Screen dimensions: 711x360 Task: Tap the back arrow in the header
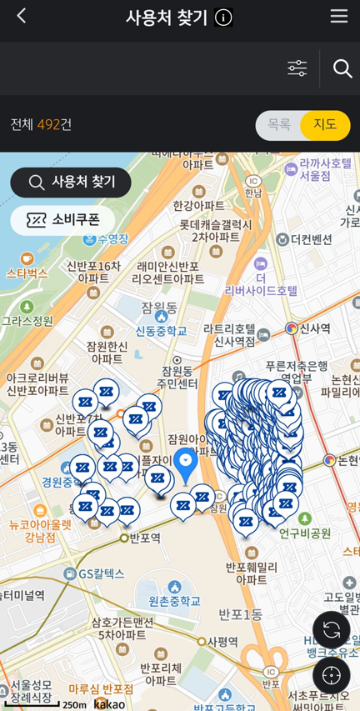[22, 17]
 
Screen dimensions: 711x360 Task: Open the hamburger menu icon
[338, 17]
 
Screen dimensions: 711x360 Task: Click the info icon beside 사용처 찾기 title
[223, 18]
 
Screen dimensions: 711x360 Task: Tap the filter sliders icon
[297, 68]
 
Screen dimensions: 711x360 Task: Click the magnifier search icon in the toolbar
[342, 68]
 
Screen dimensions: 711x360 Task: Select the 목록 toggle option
[279, 125]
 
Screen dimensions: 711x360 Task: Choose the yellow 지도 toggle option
[325, 125]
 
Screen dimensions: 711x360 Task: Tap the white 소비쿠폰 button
[62, 220]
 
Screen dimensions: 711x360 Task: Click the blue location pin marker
[185, 464]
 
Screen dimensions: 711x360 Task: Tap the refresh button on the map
[331, 629]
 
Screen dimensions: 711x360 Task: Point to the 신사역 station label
[314, 328]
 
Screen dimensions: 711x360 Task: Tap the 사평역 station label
[222, 641]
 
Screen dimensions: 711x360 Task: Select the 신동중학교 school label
[162, 331]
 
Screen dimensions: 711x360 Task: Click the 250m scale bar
[50, 704]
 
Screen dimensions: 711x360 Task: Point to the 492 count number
[48, 125]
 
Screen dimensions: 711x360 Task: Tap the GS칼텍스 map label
[100, 573]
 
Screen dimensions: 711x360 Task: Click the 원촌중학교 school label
[175, 600]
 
